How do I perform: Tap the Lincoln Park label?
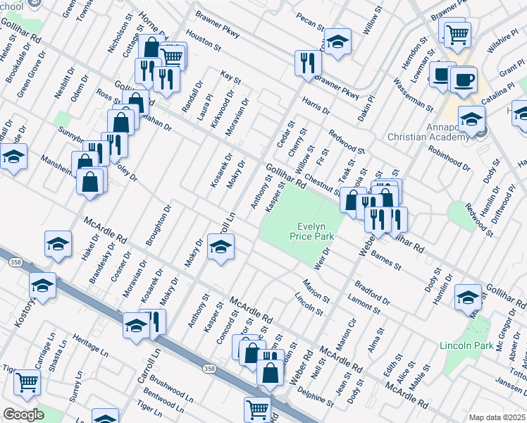466,345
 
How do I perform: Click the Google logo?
23,415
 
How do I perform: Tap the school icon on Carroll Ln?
221,247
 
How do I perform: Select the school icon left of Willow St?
337,42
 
